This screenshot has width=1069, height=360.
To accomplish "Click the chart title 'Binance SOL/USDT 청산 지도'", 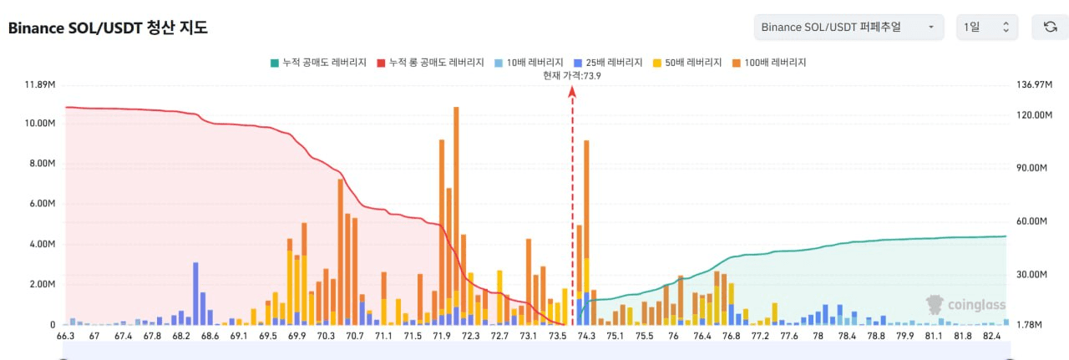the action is (x=108, y=28).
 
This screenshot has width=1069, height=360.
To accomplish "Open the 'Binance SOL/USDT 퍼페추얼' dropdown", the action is (x=849, y=28).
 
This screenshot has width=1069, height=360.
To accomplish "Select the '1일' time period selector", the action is (x=987, y=28).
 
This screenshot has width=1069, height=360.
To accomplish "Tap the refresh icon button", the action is (x=1050, y=28).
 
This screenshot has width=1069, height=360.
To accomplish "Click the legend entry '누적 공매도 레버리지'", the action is (x=318, y=63).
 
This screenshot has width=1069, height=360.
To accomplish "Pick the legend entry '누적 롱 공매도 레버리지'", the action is (x=430, y=63).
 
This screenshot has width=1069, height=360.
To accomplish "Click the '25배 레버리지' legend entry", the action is (x=608, y=63).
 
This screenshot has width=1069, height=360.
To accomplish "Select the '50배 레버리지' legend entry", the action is (x=687, y=63).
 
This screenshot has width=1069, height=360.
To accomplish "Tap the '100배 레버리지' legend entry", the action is (x=769, y=63).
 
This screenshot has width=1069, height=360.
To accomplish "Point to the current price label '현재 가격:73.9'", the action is (x=572, y=76).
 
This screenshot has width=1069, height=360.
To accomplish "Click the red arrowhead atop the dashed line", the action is (x=572, y=92).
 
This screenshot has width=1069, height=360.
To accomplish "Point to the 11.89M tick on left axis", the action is (x=40, y=85).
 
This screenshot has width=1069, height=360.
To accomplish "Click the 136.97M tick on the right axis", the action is (x=1034, y=85).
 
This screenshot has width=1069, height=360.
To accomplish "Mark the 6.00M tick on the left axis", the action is (x=43, y=204).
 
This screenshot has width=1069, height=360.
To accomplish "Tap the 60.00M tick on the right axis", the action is (x=1031, y=221).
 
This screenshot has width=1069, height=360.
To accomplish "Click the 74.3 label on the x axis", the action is (x=586, y=336).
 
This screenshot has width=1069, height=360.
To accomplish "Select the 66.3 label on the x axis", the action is (x=65, y=336).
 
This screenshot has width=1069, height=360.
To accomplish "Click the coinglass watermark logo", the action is (x=965, y=305).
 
